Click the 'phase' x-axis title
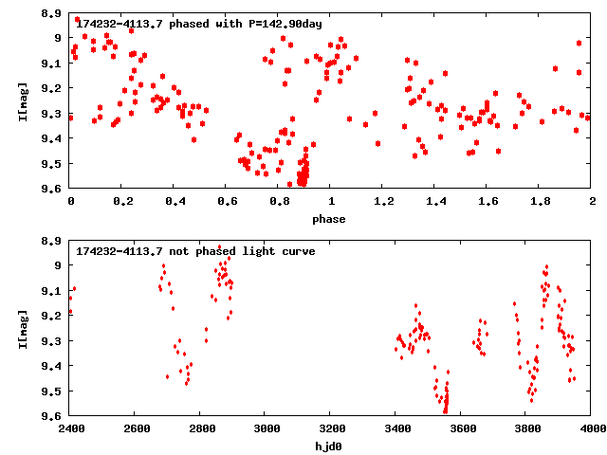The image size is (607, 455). tap(331, 219)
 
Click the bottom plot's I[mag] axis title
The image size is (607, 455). tap(22, 328)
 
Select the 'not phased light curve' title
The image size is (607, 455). tap(195, 251)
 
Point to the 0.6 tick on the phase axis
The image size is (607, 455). tap(227, 201)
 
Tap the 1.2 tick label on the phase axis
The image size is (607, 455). tap(383, 201)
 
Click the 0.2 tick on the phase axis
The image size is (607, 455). tap(122, 201)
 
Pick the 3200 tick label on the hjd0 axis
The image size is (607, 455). tap(331, 428)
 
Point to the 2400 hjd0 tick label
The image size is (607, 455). tap(71, 428)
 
